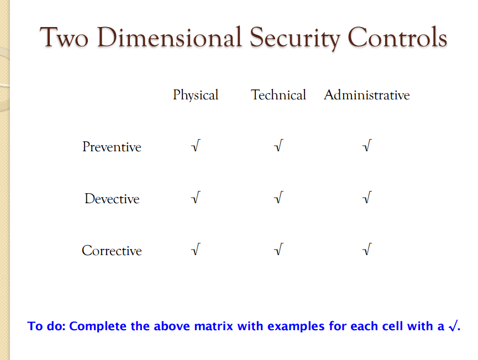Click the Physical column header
(x=196, y=96)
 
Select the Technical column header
(x=279, y=95)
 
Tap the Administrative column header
(x=367, y=95)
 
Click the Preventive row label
(x=112, y=147)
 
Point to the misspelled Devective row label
(x=112, y=199)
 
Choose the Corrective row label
(x=112, y=251)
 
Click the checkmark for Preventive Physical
(x=195, y=146)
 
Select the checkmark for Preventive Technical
(x=279, y=146)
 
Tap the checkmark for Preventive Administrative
(x=366, y=146)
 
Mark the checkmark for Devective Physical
(x=195, y=198)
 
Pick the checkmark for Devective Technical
(x=279, y=198)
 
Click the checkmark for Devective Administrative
(x=366, y=198)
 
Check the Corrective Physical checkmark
(x=195, y=250)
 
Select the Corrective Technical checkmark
(x=279, y=250)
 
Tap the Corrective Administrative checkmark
(x=366, y=250)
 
